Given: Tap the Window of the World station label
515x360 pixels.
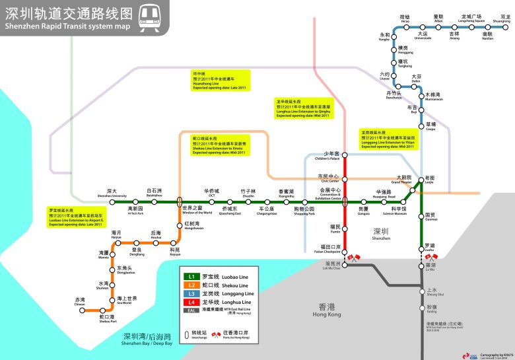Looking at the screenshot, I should [x=197, y=210].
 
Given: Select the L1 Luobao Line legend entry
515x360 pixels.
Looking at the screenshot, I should [x=219, y=275].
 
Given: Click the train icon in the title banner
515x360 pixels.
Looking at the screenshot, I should [x=150, y=16].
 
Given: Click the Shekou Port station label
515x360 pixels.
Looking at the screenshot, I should [x=106, y=319].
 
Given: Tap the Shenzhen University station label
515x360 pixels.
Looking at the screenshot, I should [x=112, y=193].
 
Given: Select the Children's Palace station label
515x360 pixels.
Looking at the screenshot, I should [x=331, y=156].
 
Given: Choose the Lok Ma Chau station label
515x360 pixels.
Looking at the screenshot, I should [x=331, y=266].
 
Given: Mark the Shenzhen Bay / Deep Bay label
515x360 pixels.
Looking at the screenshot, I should [x=147, y=339].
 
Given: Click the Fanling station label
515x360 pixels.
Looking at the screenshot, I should [x=431, y=309].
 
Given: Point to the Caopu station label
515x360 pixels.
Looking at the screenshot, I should [x=430, y=126].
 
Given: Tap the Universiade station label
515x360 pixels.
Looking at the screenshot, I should [x=423, y=35].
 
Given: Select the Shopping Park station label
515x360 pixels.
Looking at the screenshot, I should [x=304, y=211].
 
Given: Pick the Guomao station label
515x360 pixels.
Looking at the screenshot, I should [x=431, y=217].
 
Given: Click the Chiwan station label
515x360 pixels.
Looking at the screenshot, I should [x=80, y=301].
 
